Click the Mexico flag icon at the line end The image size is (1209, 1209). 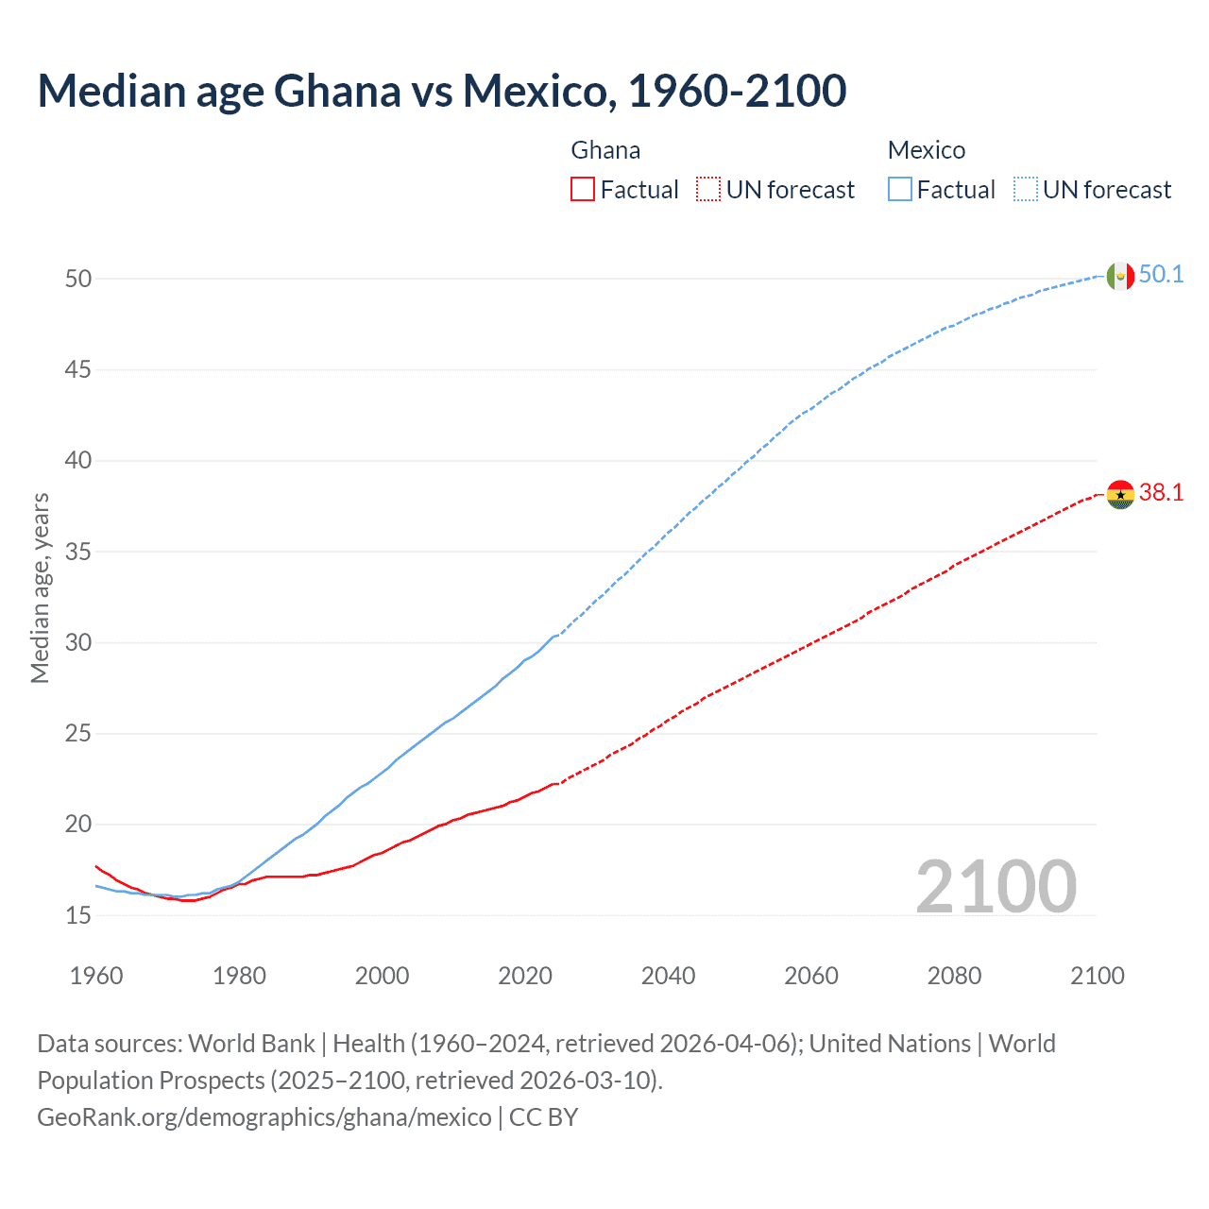coord(1120,276)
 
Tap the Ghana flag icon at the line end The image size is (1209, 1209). coord(1120,493)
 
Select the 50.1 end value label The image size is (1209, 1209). coord(1161,275)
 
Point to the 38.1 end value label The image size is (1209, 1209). coord(1161,492)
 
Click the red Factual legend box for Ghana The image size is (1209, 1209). coord(583,190)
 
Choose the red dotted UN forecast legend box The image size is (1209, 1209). coord(708,190)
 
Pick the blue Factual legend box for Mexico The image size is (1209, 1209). coord(899,190)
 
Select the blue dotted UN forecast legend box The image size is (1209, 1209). coord(1025,190)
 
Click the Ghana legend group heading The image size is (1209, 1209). coord(605,150)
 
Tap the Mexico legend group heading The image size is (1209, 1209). coord(926,150)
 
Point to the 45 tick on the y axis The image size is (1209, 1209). coord(78,369)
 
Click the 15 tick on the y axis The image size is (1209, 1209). coord(78,915)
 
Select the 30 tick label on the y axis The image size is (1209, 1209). coord(78,642)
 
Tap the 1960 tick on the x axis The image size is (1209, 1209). coord(96,976)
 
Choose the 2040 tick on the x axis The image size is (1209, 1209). coord(668,976)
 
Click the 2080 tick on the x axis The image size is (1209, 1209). coord(954,976)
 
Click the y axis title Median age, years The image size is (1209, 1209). coord(40,587)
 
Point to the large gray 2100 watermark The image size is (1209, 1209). coord(996,887)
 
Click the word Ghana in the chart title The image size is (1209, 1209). coord(337,91)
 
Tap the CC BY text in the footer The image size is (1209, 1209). coord(543,1117)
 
